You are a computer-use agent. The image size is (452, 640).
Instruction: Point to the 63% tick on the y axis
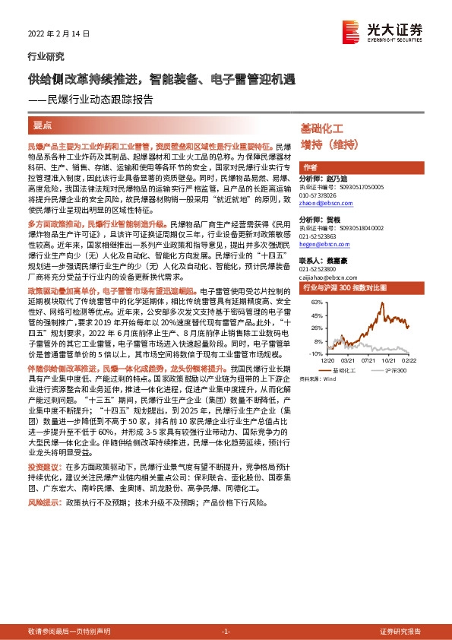point(317,303)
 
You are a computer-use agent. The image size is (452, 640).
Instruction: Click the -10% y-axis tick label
point(315,353)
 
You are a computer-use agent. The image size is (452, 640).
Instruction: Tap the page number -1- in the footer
point(226,632)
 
